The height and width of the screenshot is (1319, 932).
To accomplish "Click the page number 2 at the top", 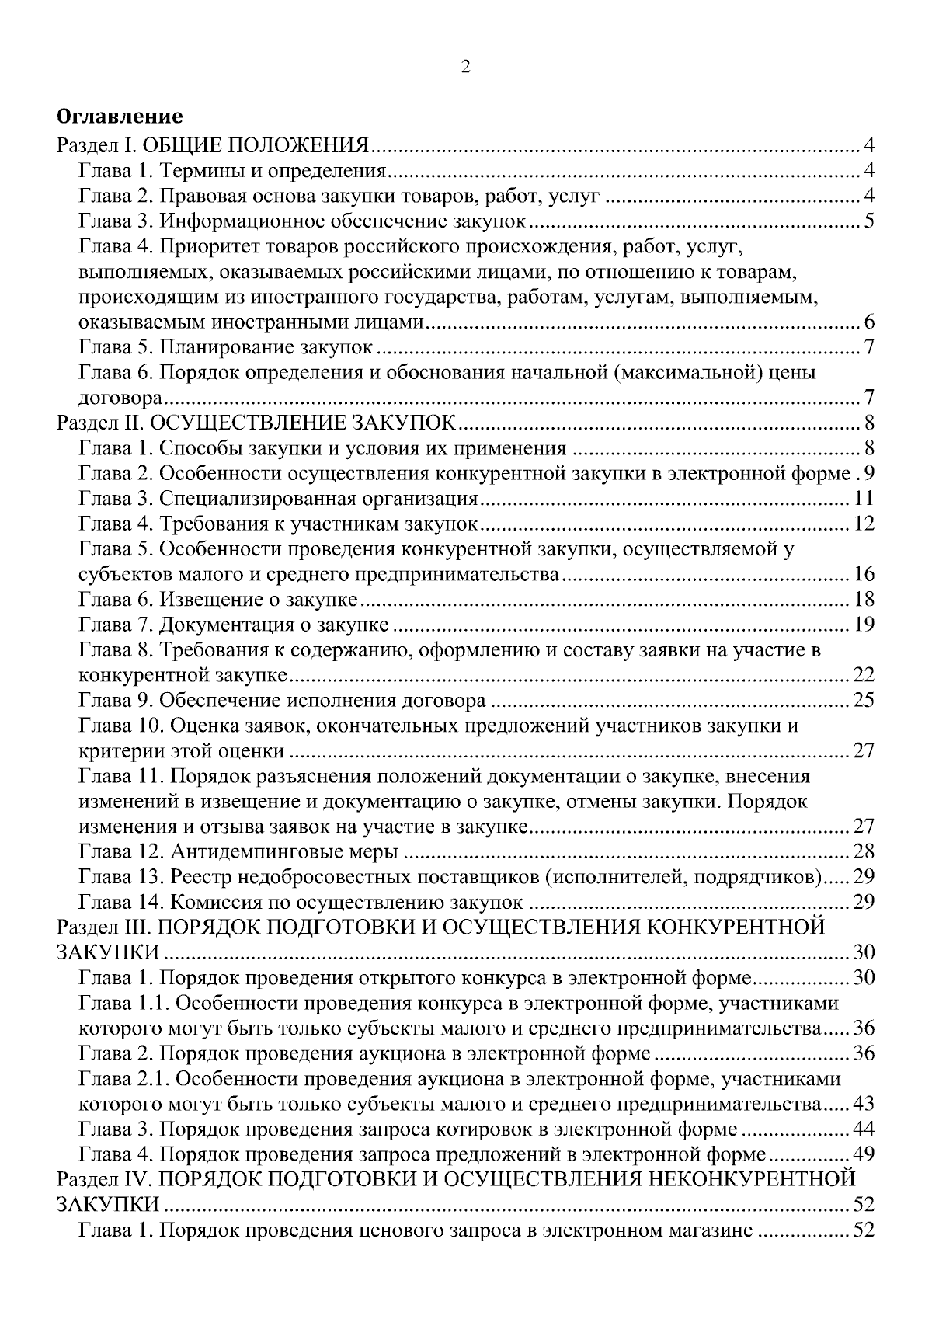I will pyautogui.click(x=465, y=68).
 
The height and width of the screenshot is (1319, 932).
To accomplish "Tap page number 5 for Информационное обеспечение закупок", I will pyautogui.click(x=869, y=221).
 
